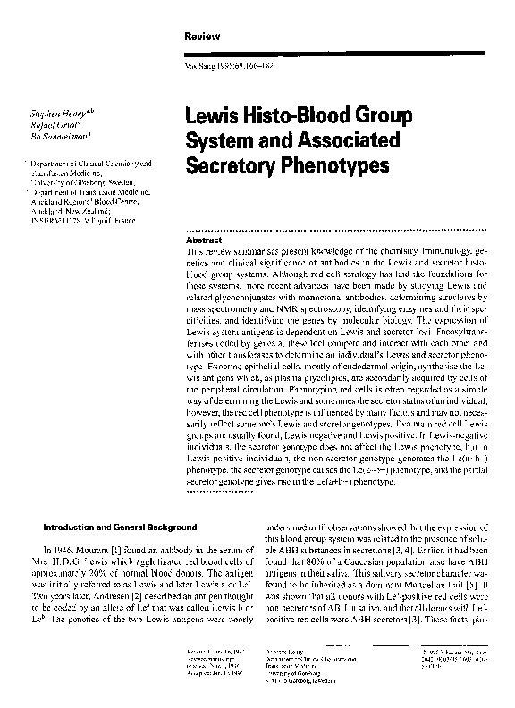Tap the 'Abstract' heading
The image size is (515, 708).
click(x=198, y=241)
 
